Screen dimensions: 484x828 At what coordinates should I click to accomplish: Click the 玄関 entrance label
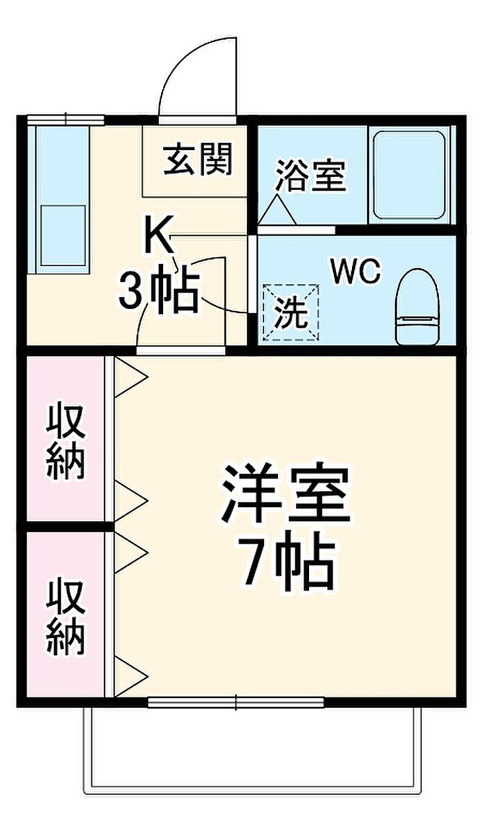pyautogui.click(x=198, y=160)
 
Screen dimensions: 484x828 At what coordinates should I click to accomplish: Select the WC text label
pyautogui.click(x=355, y=272)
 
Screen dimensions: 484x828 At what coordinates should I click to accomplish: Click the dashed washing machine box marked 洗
pyautogui.click(x=291, y=312)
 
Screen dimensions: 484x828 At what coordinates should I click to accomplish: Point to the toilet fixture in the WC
pyautogui.click(x=418, y=307)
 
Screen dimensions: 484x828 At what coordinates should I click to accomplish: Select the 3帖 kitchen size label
pyautogui.click(x=158, y=292)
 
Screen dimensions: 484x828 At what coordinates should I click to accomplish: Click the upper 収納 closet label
pyautogui.click(x=66, y=441)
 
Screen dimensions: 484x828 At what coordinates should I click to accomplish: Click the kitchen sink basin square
pyautogui.click(x=64, y=235)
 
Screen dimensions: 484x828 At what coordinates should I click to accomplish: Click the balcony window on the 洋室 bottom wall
pyautogui.click(x=236, y=702)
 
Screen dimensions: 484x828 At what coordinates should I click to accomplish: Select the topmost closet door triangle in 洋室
pyautogui.click(x=130, y=377)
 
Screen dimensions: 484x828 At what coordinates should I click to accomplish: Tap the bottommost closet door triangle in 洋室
pyautogui.click(x=130, y=677)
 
